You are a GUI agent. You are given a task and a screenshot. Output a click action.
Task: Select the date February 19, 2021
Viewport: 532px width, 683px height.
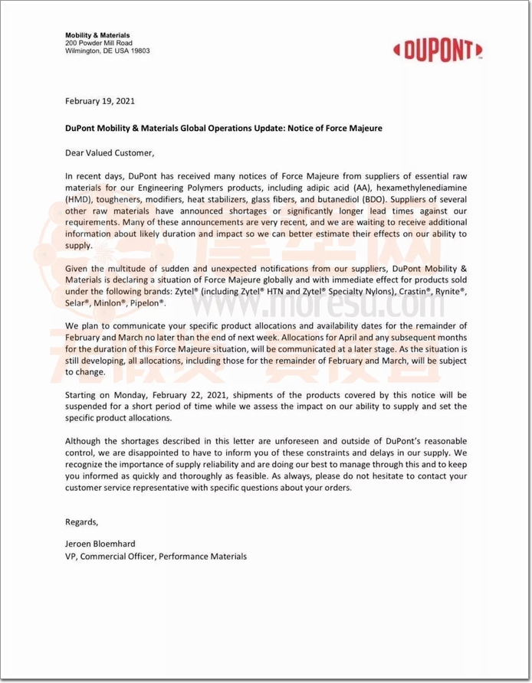(x=100, y=101)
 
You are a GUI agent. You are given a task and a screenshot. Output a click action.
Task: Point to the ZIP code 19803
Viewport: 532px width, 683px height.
(x=139, y=51)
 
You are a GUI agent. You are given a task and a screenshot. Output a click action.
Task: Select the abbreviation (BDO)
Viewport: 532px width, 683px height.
(x=363, y=198)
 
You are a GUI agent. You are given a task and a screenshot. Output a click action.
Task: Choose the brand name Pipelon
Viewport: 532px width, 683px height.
(x=146, y=303)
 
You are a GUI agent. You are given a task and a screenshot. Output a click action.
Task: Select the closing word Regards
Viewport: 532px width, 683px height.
(x=82, y=522)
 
